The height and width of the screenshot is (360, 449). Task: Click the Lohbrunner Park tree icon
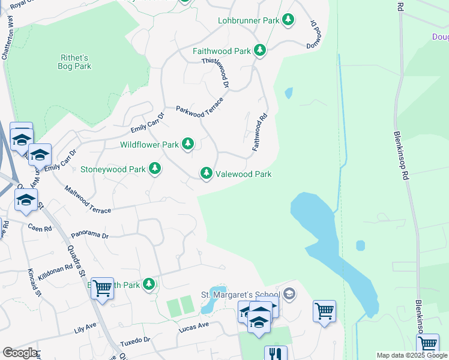[x=289, y=20]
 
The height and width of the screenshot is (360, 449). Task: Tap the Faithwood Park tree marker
[x=260, y=51]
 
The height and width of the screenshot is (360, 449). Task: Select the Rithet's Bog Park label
[x=75, y=62]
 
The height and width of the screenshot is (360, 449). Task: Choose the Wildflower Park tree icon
[x=188, y=144]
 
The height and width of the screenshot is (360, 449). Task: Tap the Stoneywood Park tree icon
[x=155, y=169]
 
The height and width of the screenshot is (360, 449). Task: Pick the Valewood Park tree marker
[x=206, y=174]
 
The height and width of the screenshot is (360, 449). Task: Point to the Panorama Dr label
[x=89, y=236]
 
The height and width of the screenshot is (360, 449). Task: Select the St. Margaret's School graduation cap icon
[x=289, y=293]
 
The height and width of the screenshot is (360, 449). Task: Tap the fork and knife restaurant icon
[x=276, y=353]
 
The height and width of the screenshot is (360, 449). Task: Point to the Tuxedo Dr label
[x=134, y=341]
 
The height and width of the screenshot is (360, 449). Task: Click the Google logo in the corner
[x=19, y=353]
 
